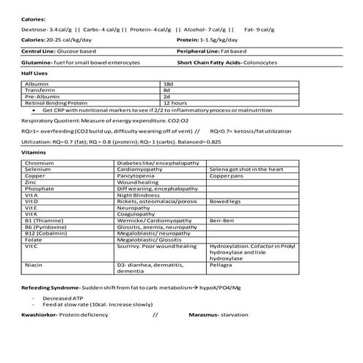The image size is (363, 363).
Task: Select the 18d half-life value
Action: [x=167, y=84]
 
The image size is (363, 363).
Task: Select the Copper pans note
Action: [x=227, y=176]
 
